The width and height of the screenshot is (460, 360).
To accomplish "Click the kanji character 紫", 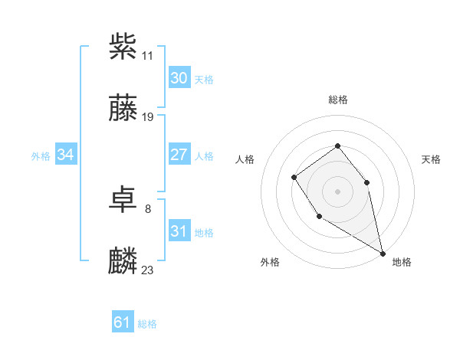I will (x=123, y=47).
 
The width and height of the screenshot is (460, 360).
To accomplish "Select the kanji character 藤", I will (x=123, y=109).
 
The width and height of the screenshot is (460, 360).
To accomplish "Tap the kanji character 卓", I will (x=123, y=201).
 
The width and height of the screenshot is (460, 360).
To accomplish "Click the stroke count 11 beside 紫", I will (x=148, y=56).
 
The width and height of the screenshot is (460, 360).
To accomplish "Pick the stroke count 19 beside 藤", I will (x=148, y=117).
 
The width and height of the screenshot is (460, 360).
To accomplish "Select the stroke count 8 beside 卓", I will (x=148, y=208).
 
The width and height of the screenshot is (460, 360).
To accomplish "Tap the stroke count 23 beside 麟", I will (x=148, y=270).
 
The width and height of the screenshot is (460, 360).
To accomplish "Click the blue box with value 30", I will (x=179, y=78).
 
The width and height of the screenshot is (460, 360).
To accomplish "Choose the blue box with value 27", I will (x=179, y=155).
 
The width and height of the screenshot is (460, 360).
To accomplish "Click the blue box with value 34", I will (x=66, y=155).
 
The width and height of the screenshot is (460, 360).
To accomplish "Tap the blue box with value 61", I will (x=123, y=323).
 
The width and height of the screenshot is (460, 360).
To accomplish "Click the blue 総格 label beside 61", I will (x=147, y=324).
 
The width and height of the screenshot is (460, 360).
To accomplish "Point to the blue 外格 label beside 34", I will (x=41, y=155).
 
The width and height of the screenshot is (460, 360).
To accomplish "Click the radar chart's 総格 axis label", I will (x=338, y=100).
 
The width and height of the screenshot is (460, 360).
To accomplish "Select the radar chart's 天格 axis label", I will (x=432, y=159).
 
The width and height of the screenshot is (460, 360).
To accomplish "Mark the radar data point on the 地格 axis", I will (x=383, y=253).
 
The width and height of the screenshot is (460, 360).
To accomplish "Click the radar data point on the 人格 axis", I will (x=294, y=178).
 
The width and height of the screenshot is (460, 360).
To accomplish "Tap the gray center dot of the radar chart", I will (x=338, y=191).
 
